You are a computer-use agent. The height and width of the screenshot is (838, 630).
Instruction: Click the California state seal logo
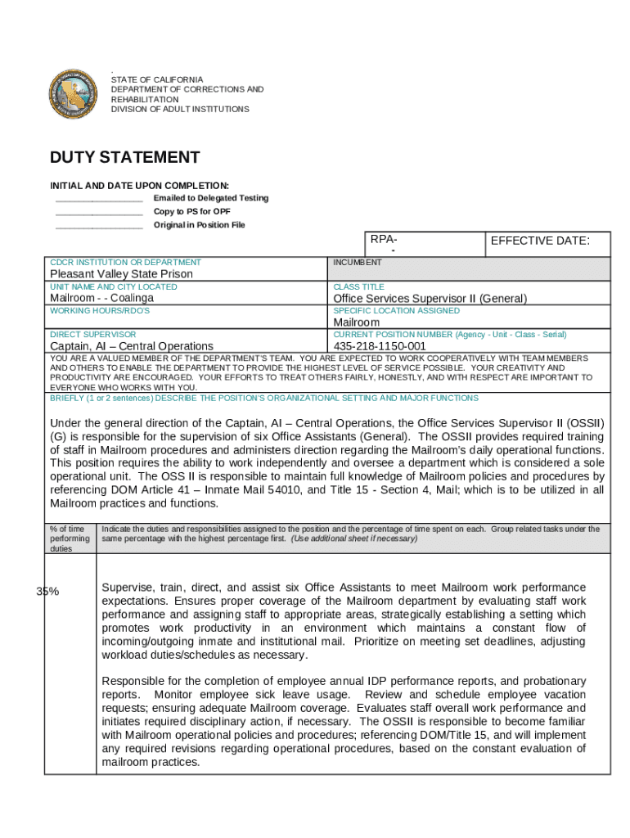click(x=74, y=94)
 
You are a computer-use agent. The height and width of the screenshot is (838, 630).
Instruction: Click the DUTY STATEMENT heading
click(x=124, y=158)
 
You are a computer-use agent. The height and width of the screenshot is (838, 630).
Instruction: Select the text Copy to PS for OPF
click(x=191, y=212)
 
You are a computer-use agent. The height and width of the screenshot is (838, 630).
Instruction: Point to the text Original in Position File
click(x=199, y=225)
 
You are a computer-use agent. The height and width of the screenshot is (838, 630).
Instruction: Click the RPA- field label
click(x=384, y=240)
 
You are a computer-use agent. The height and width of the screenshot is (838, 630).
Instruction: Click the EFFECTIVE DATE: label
click(x=539, y=241)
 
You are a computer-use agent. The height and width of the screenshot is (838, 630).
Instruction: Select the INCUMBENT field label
click(x=358, y=263)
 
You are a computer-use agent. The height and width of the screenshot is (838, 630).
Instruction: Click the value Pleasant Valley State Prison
click(x=122, y=274)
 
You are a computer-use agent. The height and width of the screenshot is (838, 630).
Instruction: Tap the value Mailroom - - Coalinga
click(x=101, y=298)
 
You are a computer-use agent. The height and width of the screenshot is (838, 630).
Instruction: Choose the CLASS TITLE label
click(x=358, y=287)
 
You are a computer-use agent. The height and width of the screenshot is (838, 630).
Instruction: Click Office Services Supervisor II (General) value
click(x=430, y=299)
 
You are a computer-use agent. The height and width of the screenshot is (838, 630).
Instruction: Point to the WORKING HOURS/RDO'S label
click(x=100, y=311)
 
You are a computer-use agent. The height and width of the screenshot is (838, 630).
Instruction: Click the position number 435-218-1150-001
click(x=380, y=346)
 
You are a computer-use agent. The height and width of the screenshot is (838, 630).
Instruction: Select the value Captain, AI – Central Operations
click(x=132, y=346)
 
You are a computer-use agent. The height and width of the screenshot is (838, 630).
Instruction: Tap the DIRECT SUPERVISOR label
click(x=92, y=335)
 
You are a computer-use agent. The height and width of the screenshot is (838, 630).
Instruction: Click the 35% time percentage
click(x=47, y=592)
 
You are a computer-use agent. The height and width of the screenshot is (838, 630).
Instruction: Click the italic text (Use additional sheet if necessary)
click(x=353, y=539)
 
